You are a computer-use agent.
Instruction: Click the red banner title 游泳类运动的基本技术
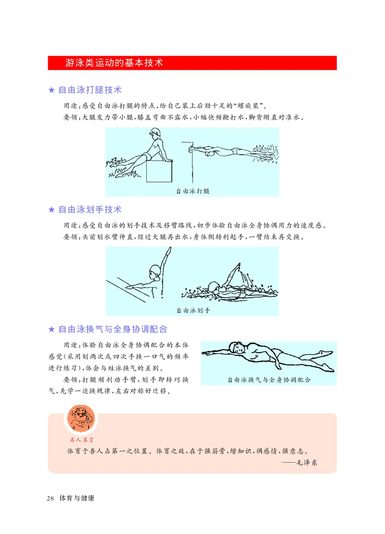point(115,63)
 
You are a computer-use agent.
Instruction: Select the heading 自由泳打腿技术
point(90,90)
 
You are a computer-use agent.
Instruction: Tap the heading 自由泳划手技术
point(90,210)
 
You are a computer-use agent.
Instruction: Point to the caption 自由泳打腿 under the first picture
point(192,191)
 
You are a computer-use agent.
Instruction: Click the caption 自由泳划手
point(192,311)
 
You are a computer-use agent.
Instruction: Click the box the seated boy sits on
point(159,171)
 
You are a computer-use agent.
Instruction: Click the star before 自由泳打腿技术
point(51,91)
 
